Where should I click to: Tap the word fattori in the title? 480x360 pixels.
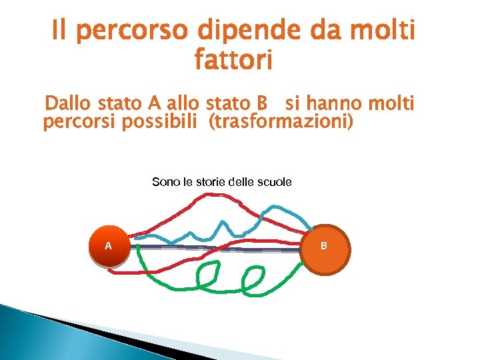233,61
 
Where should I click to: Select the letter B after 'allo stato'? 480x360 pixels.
261,104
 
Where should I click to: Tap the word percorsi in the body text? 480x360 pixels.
74,123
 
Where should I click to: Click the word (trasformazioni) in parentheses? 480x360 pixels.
281,123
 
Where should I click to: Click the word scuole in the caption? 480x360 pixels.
273,182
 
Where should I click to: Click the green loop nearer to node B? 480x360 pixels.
253,280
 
